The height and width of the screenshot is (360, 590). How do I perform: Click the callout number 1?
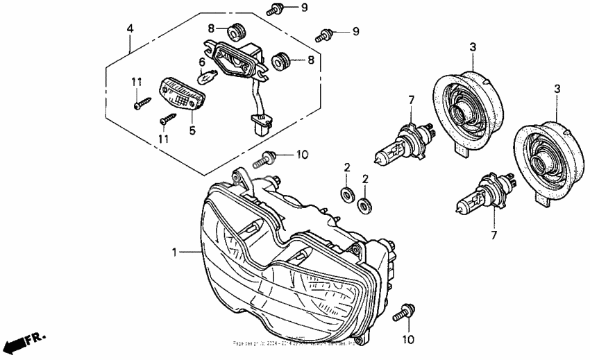coord(174,252)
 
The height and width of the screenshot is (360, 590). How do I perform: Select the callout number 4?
coord(129,28)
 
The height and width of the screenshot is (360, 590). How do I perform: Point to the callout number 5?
coord(193,129)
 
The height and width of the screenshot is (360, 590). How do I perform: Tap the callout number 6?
coord(202,62)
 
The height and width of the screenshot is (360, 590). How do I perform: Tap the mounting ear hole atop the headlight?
coord(240,178)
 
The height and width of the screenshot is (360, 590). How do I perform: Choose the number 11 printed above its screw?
coord(136,83)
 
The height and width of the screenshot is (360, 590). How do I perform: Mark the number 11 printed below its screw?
coord(163,139)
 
